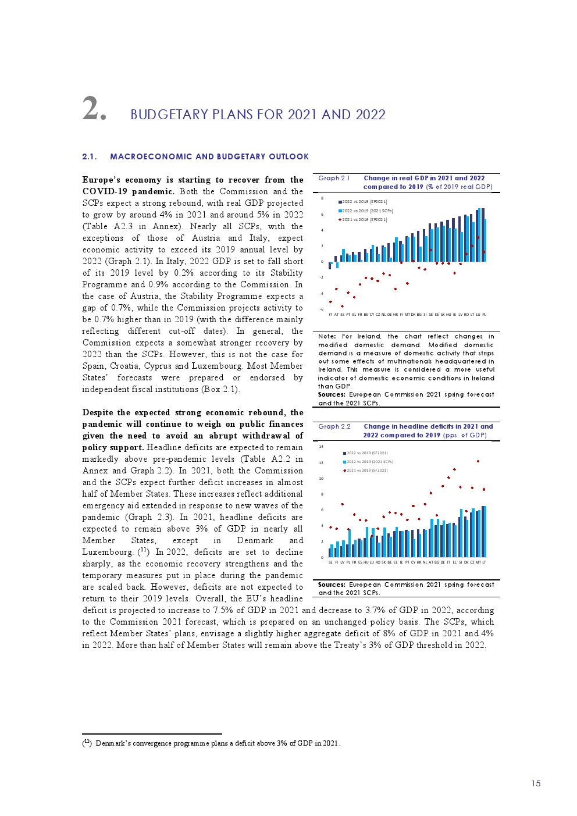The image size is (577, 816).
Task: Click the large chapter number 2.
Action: click(93, 109)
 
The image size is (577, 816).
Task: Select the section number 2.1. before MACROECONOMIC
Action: click(90, 156)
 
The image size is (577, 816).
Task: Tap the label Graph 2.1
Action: click(334, 179)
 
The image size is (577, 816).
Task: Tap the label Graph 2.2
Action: click(334, 426)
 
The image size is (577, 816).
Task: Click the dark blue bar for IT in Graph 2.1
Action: click(330, 265)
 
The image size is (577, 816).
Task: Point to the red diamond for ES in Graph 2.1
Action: click(342, 306)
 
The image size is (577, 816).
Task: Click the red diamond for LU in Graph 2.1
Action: click(478, 237)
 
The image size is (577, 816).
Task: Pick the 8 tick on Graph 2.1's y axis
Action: click(322, 198)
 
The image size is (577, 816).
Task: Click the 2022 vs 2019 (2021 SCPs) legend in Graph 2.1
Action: click(366, 211)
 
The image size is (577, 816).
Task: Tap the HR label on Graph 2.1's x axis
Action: click(396, 315)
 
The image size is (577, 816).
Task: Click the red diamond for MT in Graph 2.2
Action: click(478, 461)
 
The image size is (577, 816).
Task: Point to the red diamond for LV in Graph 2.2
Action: click(343, 504)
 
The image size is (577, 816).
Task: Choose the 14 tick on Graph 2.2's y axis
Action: click(321, 447)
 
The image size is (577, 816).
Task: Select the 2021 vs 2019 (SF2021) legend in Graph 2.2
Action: click(366, 471)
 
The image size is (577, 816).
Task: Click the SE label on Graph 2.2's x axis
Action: click(330, 562)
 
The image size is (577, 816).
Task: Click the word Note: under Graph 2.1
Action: click(327, 336)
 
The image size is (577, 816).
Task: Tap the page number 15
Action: click(536, 783)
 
